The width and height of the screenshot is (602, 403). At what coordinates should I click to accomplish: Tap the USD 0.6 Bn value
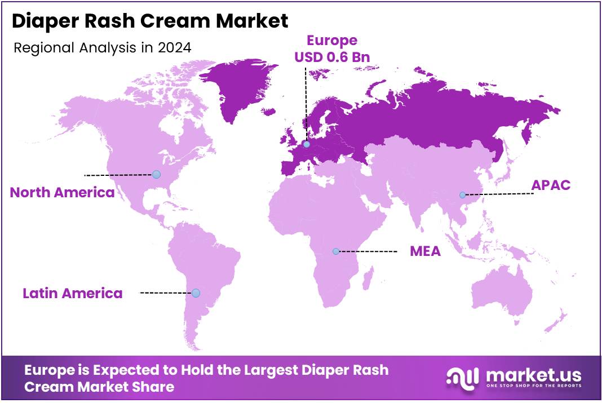coord(331,57)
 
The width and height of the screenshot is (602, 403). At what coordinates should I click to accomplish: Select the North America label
coord(63,193)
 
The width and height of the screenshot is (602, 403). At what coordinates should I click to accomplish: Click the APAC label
coord(551,185)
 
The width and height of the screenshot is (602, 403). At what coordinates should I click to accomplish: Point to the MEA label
coord(425,251)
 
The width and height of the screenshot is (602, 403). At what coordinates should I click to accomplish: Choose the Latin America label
coord(72,293)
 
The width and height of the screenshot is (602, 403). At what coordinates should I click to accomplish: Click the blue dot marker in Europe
coord(306,144)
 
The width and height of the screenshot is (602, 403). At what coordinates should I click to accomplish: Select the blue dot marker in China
coord(462,195)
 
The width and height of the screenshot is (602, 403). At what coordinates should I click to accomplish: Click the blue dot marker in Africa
coord(336,251)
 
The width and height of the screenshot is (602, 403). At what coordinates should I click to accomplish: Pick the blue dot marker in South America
coord(196,293)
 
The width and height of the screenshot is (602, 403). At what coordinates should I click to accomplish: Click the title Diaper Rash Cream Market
coord(149,21)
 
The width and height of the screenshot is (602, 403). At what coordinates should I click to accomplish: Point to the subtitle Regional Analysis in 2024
coord(102,48)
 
